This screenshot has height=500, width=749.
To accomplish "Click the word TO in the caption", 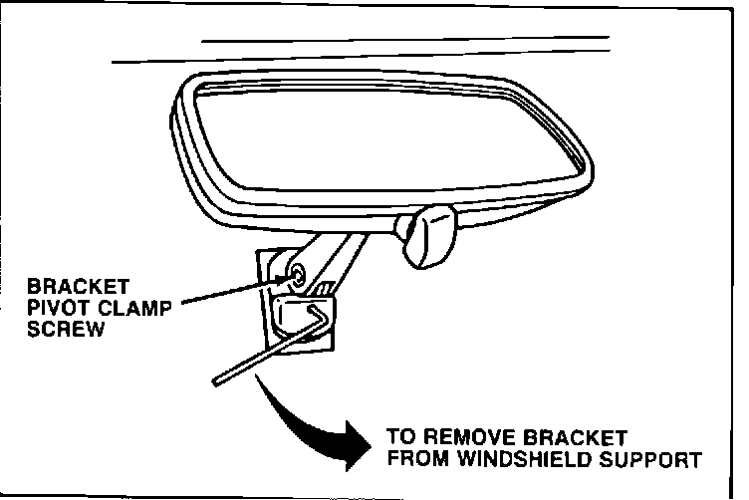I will tap(400, 439).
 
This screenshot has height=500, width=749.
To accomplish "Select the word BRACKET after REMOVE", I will tap(578, 439).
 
